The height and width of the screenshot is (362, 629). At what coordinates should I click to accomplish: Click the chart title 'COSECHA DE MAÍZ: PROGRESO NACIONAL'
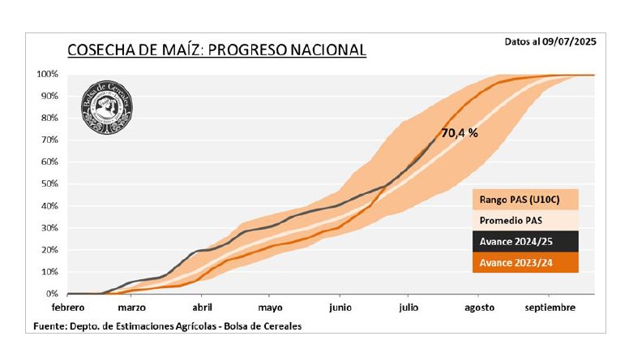(x=216, y=50)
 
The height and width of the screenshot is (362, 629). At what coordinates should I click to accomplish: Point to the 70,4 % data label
(x=459, y=133)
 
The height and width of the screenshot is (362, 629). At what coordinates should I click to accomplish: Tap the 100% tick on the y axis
(x=46, y=75)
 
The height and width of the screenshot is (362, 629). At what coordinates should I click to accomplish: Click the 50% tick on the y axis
(x=49, y=184)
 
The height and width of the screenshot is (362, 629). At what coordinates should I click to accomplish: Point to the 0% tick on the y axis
(x=51, y=294)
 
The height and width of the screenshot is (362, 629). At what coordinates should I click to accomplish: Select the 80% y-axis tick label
(x=49, y=119)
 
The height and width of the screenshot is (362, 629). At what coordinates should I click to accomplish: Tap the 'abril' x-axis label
(x=202, y=308)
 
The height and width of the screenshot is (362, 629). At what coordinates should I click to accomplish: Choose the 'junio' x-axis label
(x=340, y=308)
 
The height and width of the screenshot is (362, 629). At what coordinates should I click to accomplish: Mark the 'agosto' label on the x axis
(x=479, y=308)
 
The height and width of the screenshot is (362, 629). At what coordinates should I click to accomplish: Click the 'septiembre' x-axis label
(x=550, y=308)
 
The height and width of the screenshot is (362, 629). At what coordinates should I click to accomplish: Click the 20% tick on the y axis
(x=49, y=250)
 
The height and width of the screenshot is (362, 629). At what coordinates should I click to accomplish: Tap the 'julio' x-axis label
(x=409, y=308)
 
